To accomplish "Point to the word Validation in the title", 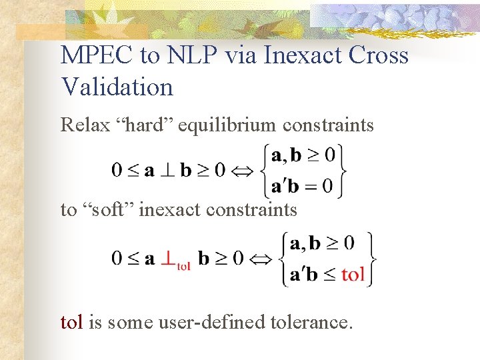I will pos(117,87).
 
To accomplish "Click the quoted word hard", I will pos(149,125).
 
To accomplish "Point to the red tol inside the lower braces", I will pos(353,274).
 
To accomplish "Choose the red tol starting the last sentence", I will pos(72,323).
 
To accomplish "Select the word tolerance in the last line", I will pos(314,323).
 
